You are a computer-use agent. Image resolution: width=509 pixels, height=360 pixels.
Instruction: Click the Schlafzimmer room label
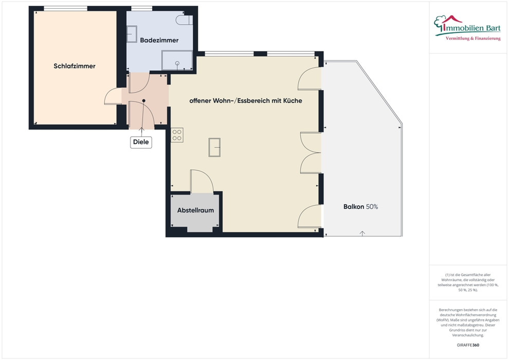75,66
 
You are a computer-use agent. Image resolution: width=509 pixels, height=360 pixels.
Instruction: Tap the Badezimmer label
159,40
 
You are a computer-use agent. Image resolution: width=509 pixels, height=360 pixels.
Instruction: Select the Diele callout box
141,142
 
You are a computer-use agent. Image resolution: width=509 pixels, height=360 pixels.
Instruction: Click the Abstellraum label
195,210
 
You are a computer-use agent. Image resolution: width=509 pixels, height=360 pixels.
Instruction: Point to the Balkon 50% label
360,207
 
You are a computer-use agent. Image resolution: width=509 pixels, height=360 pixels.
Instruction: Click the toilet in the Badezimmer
184,20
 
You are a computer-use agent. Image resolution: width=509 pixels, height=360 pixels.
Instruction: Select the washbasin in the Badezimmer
132,34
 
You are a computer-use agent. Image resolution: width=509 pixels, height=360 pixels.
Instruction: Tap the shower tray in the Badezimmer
177,60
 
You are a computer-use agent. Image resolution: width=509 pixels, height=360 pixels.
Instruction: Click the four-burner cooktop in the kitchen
177,135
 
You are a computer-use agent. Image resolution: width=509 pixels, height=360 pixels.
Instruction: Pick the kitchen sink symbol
214,148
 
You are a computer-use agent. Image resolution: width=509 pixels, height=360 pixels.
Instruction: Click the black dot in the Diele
143,101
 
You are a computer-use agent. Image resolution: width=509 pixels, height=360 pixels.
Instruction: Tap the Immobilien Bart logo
467,28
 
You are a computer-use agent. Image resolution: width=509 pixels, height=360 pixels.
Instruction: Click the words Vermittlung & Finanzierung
473,39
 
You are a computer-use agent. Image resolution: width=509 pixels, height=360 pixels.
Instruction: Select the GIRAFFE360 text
468,345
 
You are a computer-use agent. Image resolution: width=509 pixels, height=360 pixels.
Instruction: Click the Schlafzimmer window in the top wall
66,8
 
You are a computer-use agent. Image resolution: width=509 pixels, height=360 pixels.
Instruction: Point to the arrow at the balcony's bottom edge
362,233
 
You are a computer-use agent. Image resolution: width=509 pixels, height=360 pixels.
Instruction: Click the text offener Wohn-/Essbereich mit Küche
246,101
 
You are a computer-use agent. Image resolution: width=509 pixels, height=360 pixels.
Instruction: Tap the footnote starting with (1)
468,282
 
